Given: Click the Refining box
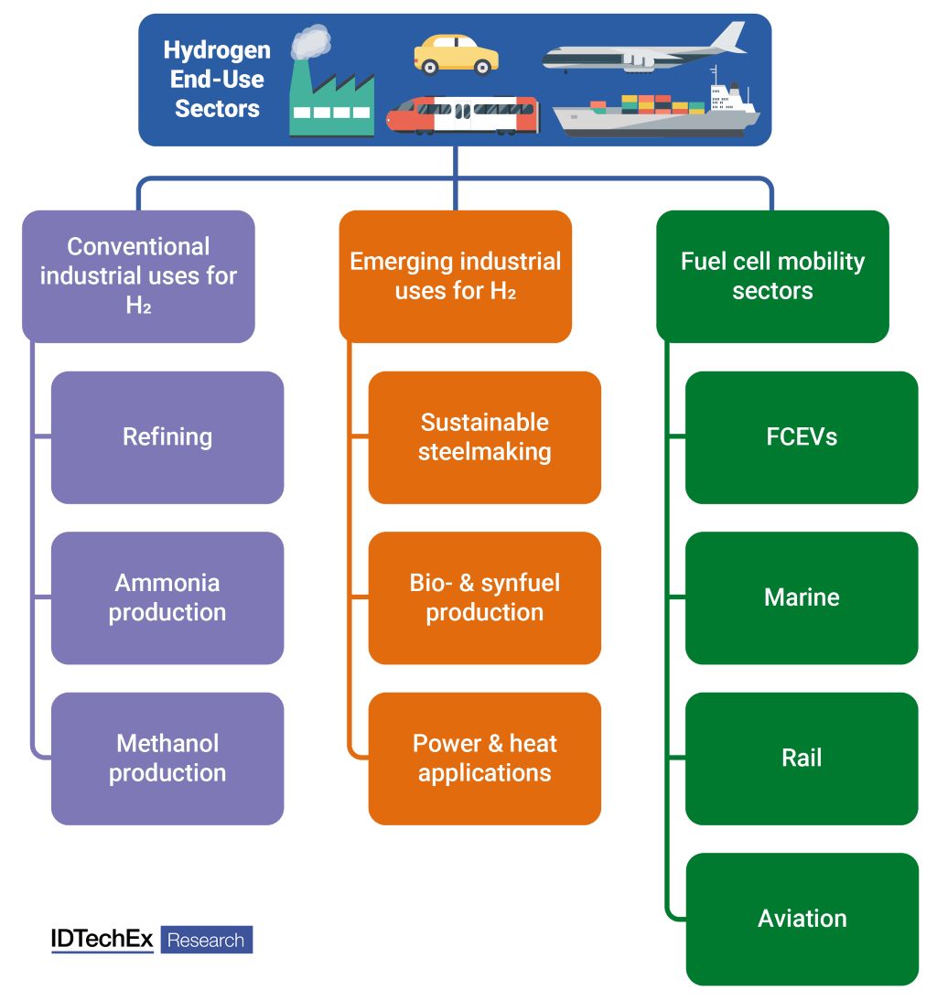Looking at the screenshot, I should pyautogui.click(x=167, y=436).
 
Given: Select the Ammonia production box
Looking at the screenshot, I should pyautogui.click(x=167, y=597).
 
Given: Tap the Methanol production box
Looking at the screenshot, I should pyautogui.click(x=167, y=758).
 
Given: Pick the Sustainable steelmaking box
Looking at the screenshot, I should pyautogui.click(x=484, y=436).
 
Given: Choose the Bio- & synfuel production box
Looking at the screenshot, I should pyautogui.click(x=484, y=597).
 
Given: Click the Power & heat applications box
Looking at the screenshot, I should pyautogui.click(x=484, y=758).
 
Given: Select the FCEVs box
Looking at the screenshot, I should pyautogui.click(x=802, y=436).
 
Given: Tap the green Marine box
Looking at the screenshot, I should pyautogui.click(x=802, y=597).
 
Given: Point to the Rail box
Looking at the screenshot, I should pyautogui.click(x=802, y=758).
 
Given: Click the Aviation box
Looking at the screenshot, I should pyautogui.click(x=802, y=919).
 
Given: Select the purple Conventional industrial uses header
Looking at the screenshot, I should pyautogui.click(x=138, y=275).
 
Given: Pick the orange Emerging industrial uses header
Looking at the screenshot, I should pyautogui.click(x=455, y=275).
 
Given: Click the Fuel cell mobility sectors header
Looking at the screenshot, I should pyautogui.click(x=772, y=275).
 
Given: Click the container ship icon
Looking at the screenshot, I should pyautogui.click(x=657, y=112).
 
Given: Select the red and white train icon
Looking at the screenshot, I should pyautogui.click(x=462, y=115).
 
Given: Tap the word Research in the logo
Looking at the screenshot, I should pyautogui.click(x=206, y=940).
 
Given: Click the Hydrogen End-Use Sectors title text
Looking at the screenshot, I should pyautogui.click(x=217, y=80).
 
